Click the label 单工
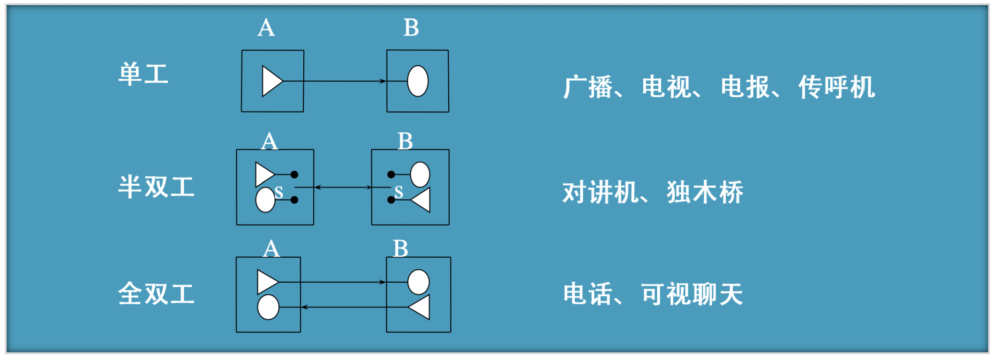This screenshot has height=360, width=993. click(143, 74)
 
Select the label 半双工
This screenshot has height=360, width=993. click(156, 187)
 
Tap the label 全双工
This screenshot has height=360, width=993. click(156, 294)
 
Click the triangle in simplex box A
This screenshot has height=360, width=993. click(271, 81)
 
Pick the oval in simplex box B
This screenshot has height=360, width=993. click(418, 81)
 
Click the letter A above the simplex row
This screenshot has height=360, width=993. click(266, 28)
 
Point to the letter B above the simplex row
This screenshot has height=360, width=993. click(411, 28)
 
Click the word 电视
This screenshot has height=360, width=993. click(666, 87)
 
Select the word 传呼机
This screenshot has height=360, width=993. click(837, 87)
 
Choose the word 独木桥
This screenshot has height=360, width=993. click(705, 193)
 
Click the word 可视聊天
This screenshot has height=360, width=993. click(692, 294)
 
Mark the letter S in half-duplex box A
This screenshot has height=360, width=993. click(279, 192)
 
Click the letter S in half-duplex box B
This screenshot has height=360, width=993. click(399, 192)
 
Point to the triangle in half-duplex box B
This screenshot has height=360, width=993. click(422, 200)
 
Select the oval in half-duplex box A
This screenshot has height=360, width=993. click(265, 200)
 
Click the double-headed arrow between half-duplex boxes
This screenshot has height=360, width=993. click(343, 187)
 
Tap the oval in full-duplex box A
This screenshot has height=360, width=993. click(268, 307)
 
